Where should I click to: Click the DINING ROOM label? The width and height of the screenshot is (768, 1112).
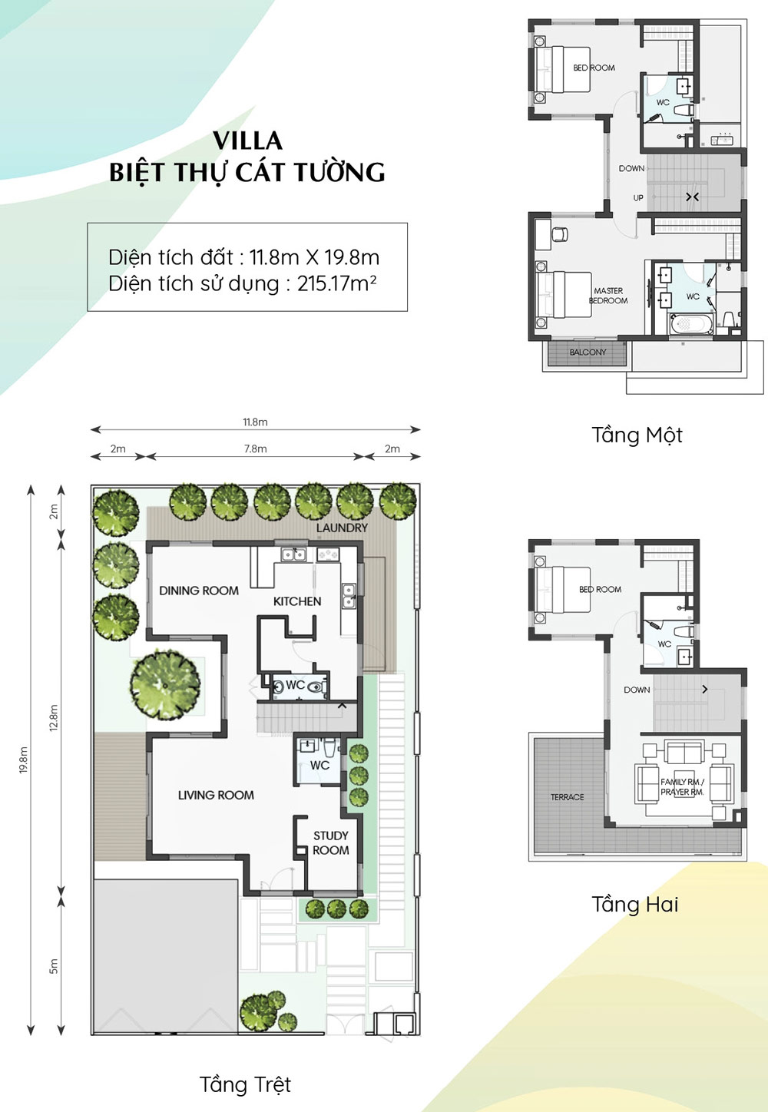(199, 591)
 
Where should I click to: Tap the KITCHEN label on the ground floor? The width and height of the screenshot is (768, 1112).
(297, 601)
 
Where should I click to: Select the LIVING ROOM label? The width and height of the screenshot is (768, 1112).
(216, 796)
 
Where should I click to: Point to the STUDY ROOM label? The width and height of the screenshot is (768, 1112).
(331, 843)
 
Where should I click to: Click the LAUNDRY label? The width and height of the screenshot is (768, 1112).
(342, 528)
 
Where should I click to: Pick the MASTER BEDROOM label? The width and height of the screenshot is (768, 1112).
(608, 296)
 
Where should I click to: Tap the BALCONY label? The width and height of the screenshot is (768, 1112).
(588, 352)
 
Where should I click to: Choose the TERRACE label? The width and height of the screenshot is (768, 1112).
(567, 797)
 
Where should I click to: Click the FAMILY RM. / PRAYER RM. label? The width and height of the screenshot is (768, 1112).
(682, 787)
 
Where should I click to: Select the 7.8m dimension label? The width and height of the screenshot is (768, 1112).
(255, 448)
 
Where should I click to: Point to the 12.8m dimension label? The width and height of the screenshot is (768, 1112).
(54, 717)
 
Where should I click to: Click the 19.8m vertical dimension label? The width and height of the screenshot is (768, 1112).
(23, 760)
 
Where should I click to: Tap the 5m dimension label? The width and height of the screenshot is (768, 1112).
(54, 965)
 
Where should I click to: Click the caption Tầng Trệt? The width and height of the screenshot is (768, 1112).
(245, 1084)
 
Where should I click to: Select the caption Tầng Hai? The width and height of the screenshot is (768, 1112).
(635, 904)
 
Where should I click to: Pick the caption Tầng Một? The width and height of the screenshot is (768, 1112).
(637, 435)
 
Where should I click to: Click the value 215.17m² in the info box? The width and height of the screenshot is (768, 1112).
(336, 283)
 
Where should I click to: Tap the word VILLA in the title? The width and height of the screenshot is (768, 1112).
(248, 141)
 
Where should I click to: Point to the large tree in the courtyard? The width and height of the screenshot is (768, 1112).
(165, 686)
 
